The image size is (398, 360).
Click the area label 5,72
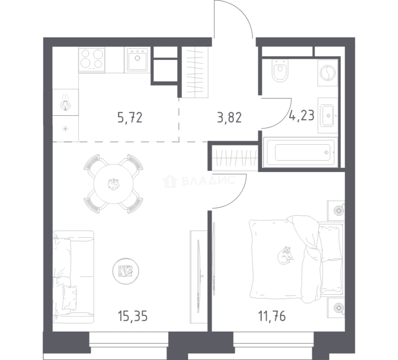point(130,118)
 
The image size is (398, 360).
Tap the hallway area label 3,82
point(229,118)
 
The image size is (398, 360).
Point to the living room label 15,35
point(132,316)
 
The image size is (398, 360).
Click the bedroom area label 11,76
point(272,316)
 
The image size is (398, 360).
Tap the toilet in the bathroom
point(280,70)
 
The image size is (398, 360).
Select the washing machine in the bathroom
point(328,73)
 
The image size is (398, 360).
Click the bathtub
point(301,152)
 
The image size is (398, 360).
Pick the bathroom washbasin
point(327,116)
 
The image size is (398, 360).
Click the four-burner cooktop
point(92,60)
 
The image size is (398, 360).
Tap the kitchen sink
point(137,60)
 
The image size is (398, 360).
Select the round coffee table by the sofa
point(126,271)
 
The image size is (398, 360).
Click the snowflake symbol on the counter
point(65,129)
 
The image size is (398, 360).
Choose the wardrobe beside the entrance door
point(195,72)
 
